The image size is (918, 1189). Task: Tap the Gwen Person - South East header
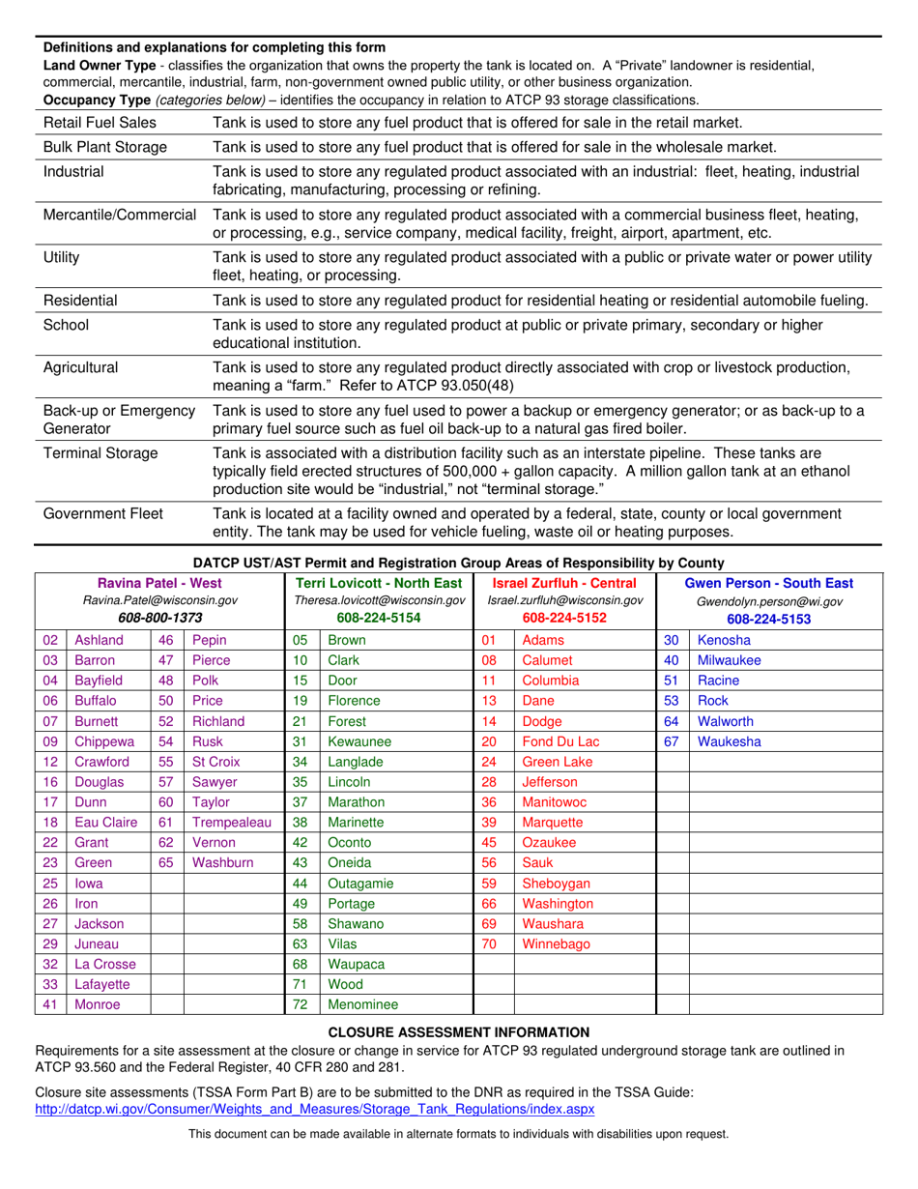coord(769,582)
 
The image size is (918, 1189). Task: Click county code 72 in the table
coord(300,1004)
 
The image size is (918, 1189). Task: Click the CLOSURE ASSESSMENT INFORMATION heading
coord(459,1031)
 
